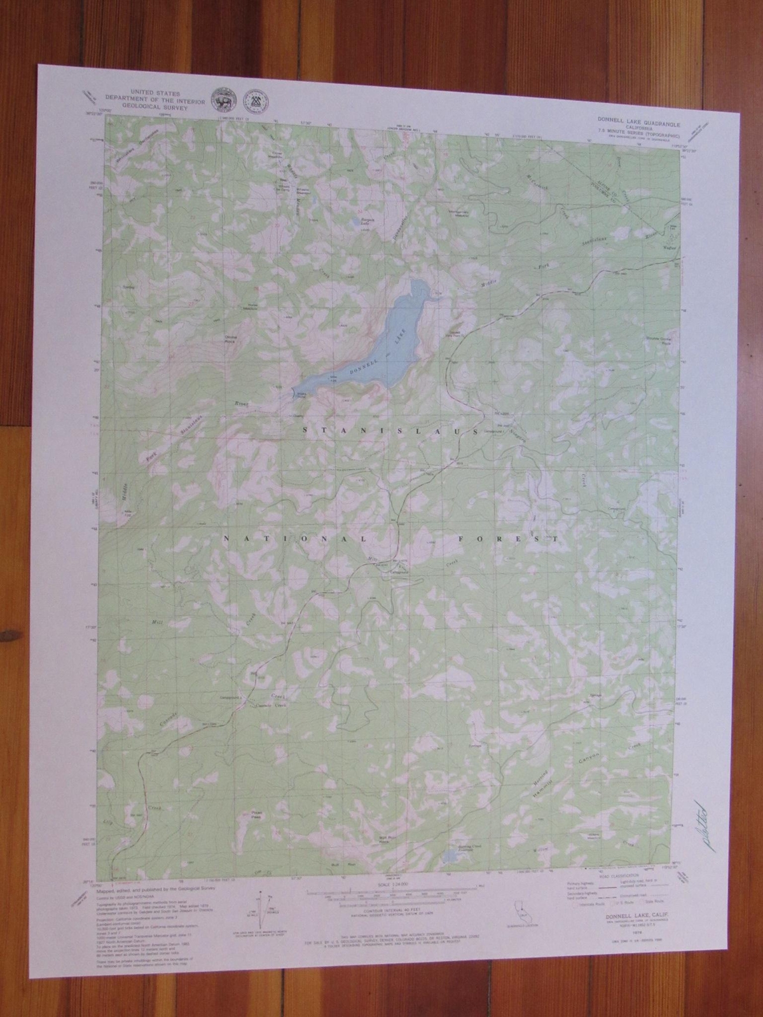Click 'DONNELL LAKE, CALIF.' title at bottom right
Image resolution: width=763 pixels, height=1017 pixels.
626,914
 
